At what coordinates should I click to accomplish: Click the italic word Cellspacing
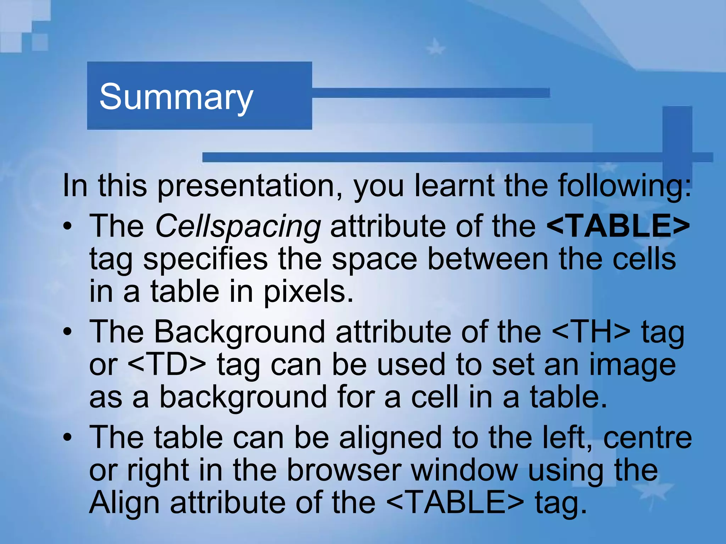(x=238, y=226)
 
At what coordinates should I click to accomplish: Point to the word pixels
(x=308, y=292)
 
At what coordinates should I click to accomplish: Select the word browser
(x=344, y=471)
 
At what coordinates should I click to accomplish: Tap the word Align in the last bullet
(x=124, y=503)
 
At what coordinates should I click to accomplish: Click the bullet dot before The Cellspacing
(x=68, y=226)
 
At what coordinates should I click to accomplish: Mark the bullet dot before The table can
(x=68, y=438)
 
